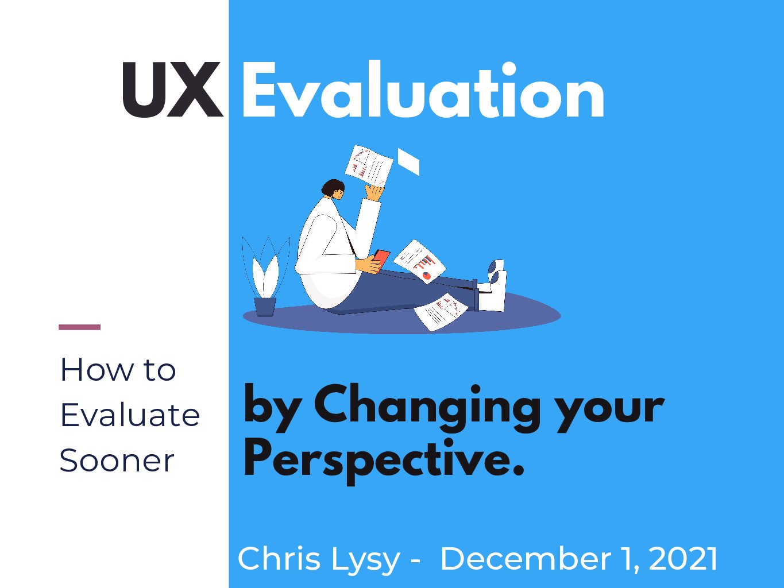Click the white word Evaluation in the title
point(423,89)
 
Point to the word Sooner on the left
point(117,461)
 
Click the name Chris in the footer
point(279,559)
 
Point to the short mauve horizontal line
point(80,327)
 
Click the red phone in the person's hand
point(381,260)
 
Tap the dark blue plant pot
point(265,307)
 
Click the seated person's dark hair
point(331,187)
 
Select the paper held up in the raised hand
point(369,165)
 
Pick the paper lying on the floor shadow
point(441,311)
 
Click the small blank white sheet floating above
point(408,161)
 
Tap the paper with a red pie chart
point(419,261)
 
